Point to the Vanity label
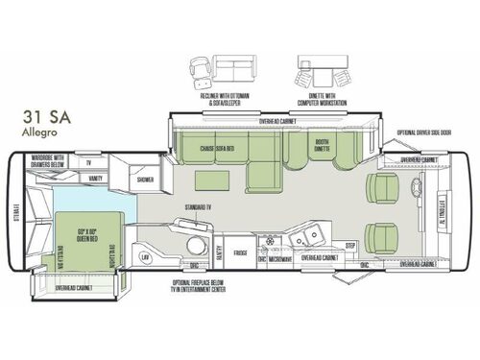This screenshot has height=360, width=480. pyautogui.click(x=96, y=178)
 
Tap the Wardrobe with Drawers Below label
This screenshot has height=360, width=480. pyautogui.click(x=44, y=160)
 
